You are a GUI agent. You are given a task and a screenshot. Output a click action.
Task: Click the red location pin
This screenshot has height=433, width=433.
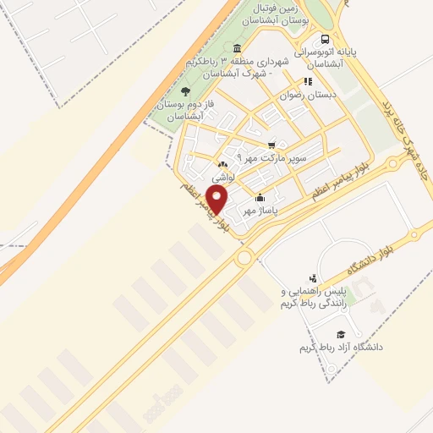[x=218, y=200]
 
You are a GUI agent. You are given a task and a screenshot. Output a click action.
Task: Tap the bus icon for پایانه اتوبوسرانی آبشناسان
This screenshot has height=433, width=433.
[x=326, y=39]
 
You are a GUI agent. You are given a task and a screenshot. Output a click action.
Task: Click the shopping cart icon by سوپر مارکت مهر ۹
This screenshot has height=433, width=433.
[x=271, y=145]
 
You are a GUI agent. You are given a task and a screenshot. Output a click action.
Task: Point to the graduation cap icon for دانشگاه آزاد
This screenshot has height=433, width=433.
[x=341, y=335]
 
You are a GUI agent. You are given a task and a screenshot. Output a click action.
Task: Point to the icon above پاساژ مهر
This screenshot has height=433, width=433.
[x=260, y=198]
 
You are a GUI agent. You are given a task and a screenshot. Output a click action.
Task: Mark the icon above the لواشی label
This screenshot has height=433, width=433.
[x=222, y=165]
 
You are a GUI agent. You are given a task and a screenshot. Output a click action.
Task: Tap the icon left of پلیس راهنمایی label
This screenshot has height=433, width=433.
[x=313, y=278]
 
